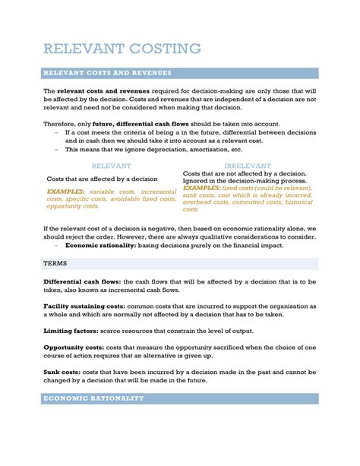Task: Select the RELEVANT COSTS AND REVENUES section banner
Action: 107,73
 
